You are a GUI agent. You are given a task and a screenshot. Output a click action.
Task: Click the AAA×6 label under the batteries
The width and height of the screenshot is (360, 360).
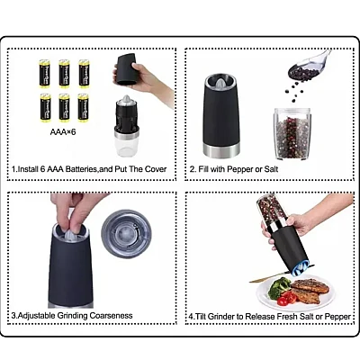click(x=63, y=131)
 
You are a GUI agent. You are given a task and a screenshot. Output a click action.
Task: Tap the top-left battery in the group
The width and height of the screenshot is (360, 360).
click(x=45, y=74)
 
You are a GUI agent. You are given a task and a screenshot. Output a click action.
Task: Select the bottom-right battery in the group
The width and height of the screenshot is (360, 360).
click(x=84, y=107)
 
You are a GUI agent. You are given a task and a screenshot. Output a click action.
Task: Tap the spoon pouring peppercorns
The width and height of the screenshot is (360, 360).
click(x=308, y=66)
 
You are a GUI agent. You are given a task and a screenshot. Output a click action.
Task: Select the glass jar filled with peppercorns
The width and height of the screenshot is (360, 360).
click(x=291, y=133)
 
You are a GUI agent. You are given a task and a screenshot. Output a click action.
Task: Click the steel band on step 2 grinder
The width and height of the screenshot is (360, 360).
click(x=221, y=151)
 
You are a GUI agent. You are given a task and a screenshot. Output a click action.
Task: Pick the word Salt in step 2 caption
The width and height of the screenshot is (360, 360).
click(x=271, y=169)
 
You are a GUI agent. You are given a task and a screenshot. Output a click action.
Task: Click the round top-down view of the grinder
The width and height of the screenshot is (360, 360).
click(x=127, y=234)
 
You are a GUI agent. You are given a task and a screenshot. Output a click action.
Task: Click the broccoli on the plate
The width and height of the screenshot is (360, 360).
click(x=279, y=287)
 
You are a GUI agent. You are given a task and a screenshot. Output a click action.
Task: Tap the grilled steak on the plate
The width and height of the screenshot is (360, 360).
click(x=308, y=291)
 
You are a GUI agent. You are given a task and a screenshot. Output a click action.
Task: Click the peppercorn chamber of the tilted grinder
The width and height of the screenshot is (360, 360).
click(x=271, y=211)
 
